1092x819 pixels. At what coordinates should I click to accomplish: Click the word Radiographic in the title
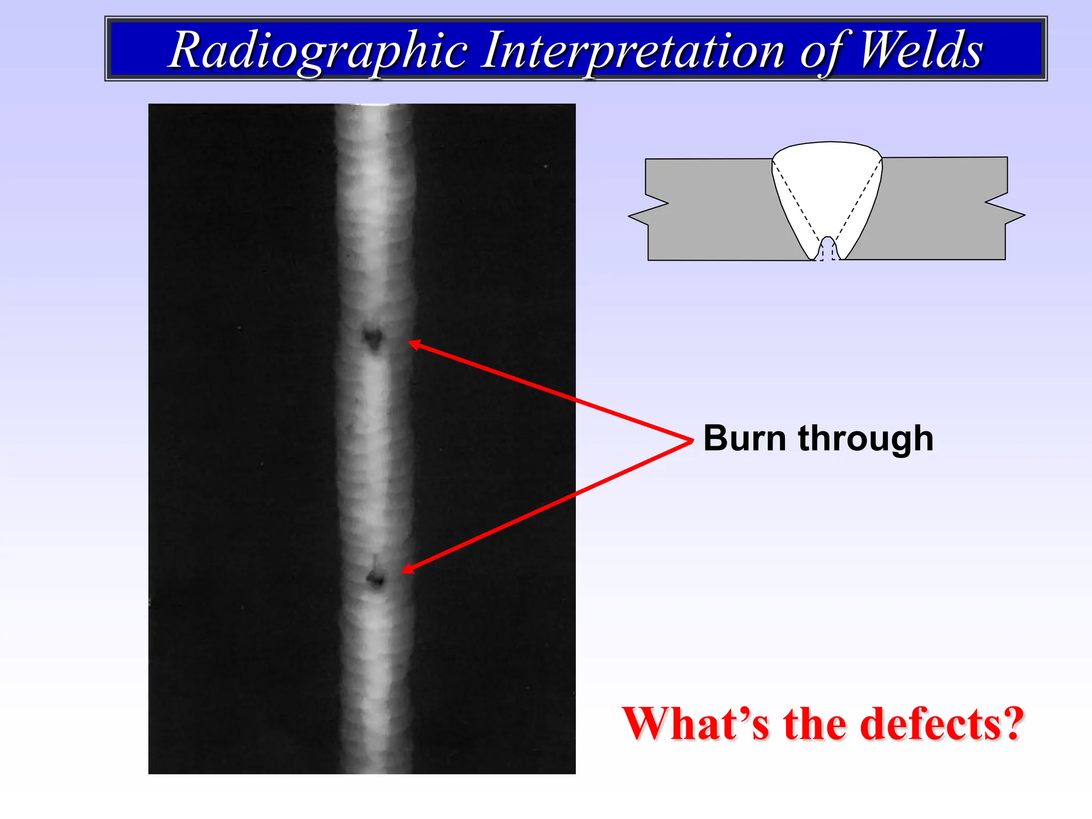[318, 51]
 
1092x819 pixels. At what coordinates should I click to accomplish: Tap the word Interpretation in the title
[632, 51]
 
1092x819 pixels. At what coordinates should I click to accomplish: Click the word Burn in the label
[744, 438]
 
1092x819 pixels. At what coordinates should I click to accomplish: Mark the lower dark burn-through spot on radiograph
[376, 579]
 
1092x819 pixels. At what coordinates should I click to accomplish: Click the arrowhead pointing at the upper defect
[414, 344]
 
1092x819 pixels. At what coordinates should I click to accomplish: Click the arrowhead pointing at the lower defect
[407, 569]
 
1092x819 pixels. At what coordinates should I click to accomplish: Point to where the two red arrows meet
[691, 440]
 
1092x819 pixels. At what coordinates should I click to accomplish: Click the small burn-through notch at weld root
[828, 249]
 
